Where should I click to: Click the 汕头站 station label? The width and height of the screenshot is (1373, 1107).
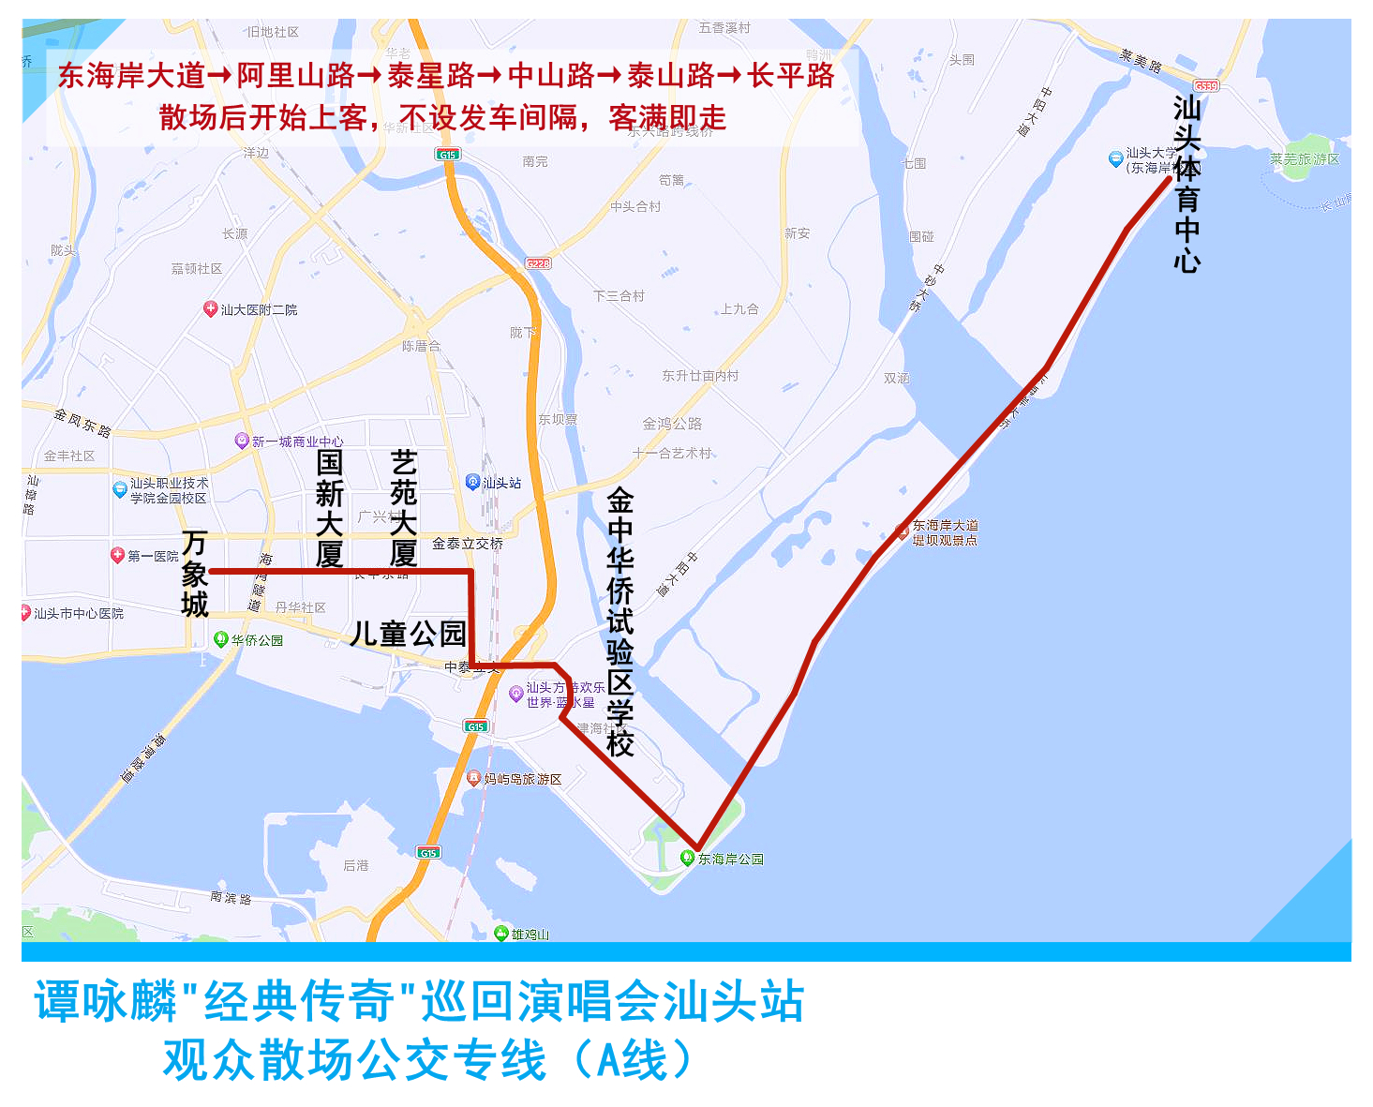pos(501,483)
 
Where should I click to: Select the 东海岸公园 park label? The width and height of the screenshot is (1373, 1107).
pos(730,859)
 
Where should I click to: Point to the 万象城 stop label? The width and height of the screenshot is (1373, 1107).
pos(195,574)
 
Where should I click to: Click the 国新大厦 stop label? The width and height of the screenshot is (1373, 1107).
pos(329,508)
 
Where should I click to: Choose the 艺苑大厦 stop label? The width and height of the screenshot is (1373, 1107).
pos(403,508)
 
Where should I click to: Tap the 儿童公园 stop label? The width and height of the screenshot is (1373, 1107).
pos(409,634)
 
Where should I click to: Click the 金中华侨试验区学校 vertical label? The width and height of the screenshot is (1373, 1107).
pos(620,621)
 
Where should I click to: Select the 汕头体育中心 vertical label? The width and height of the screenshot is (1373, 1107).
pos(1186,184)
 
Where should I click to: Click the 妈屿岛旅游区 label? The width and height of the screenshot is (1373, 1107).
pos(523,779)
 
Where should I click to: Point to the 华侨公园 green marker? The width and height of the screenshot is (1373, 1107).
pos(221,639)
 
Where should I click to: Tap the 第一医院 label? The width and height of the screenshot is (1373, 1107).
pos(153,556)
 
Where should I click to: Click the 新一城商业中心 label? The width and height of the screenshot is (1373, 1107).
pos(297,441)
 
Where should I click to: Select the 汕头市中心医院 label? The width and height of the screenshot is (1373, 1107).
pos(79,613)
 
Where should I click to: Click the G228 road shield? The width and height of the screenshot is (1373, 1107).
pos(538,263)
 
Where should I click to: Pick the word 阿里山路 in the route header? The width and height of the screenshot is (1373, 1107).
pos(295,75)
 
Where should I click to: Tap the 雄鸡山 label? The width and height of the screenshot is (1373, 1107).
pos(530,934)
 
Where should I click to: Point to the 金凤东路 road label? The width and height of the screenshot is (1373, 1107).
pos(82,423)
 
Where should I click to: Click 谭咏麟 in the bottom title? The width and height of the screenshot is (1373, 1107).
pos(105,1001)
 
